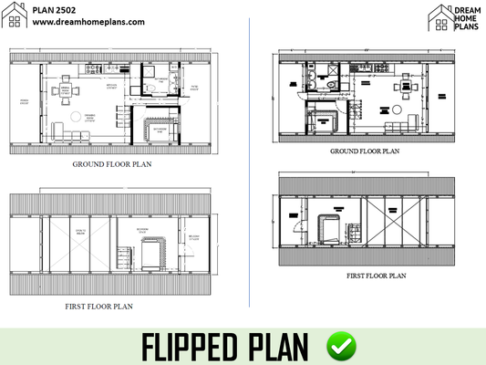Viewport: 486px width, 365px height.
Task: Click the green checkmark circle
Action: (x=342, y=346)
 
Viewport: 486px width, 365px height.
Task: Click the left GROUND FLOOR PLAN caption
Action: (x=111, y=165)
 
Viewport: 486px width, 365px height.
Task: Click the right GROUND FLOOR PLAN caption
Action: (x=364, y=151)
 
